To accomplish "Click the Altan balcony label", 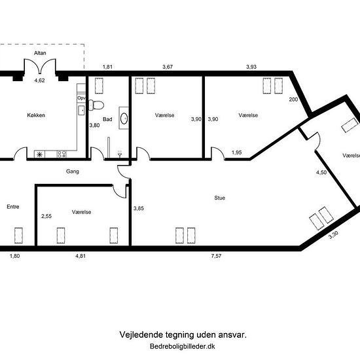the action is pos(40,53).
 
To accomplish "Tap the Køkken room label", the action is pos(36,115).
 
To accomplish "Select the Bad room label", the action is pos(107,119).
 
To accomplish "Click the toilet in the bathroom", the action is pos(96,105).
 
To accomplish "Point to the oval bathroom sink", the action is pos(124,118).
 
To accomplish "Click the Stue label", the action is pos(220,198).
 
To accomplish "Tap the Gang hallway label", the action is pos(72,171).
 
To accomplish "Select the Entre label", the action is pos(13,207).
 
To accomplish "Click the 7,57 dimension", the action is pos(216,256).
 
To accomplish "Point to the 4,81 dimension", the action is pos(81,256).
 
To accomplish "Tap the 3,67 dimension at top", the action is pos(168,67).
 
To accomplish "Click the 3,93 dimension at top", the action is pos(251,67).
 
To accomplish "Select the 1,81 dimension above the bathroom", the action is pos(107,67).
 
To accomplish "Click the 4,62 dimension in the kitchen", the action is pos(39,81).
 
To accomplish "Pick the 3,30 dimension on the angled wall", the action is pos(333,235).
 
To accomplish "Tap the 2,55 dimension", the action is pos(46,216).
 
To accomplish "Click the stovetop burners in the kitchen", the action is pos(62,154).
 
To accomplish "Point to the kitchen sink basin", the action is pos(82,110).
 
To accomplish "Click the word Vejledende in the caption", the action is pos(141,334).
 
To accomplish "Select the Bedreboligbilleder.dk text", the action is pos(183,346).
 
